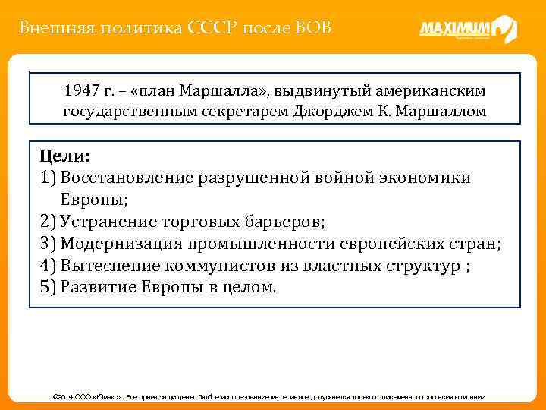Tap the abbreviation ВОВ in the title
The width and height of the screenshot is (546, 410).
coord(310,29)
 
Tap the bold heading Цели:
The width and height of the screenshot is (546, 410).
coord(64,156)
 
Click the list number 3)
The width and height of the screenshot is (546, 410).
coord(48,244)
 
